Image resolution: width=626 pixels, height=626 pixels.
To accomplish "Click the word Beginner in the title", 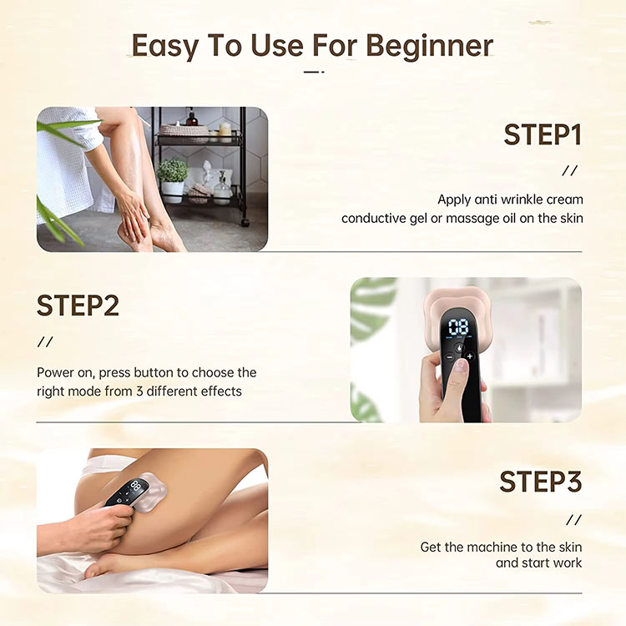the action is [x=429, y=47].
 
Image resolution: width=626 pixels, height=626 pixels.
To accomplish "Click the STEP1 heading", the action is [x=543, y=135].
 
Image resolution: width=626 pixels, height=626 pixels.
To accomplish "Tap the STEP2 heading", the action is [x=78, y=305].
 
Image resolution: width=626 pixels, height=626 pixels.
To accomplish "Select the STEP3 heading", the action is [x=541, y=482].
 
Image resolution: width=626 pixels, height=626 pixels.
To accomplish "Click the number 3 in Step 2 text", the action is [x=139, y=391].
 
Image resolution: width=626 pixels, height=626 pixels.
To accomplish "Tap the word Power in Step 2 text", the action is [x=54, y=372].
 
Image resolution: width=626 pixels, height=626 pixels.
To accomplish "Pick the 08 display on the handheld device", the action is [x=458, y=327].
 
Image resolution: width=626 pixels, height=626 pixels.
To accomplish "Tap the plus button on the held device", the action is [x=470, y=356].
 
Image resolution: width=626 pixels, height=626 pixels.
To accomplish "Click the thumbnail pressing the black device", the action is [x=461, y=365].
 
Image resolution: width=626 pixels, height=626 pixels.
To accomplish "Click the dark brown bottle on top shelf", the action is [x=192, y=117].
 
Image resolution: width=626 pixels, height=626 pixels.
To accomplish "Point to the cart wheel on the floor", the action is [x=245, y=221].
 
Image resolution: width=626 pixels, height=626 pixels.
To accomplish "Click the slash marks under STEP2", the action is [x=45, y=341].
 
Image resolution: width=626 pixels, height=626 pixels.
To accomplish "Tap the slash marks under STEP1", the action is [x=570, y=171].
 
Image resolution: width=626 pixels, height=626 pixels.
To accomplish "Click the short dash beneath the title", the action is [x=314, y=73].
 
